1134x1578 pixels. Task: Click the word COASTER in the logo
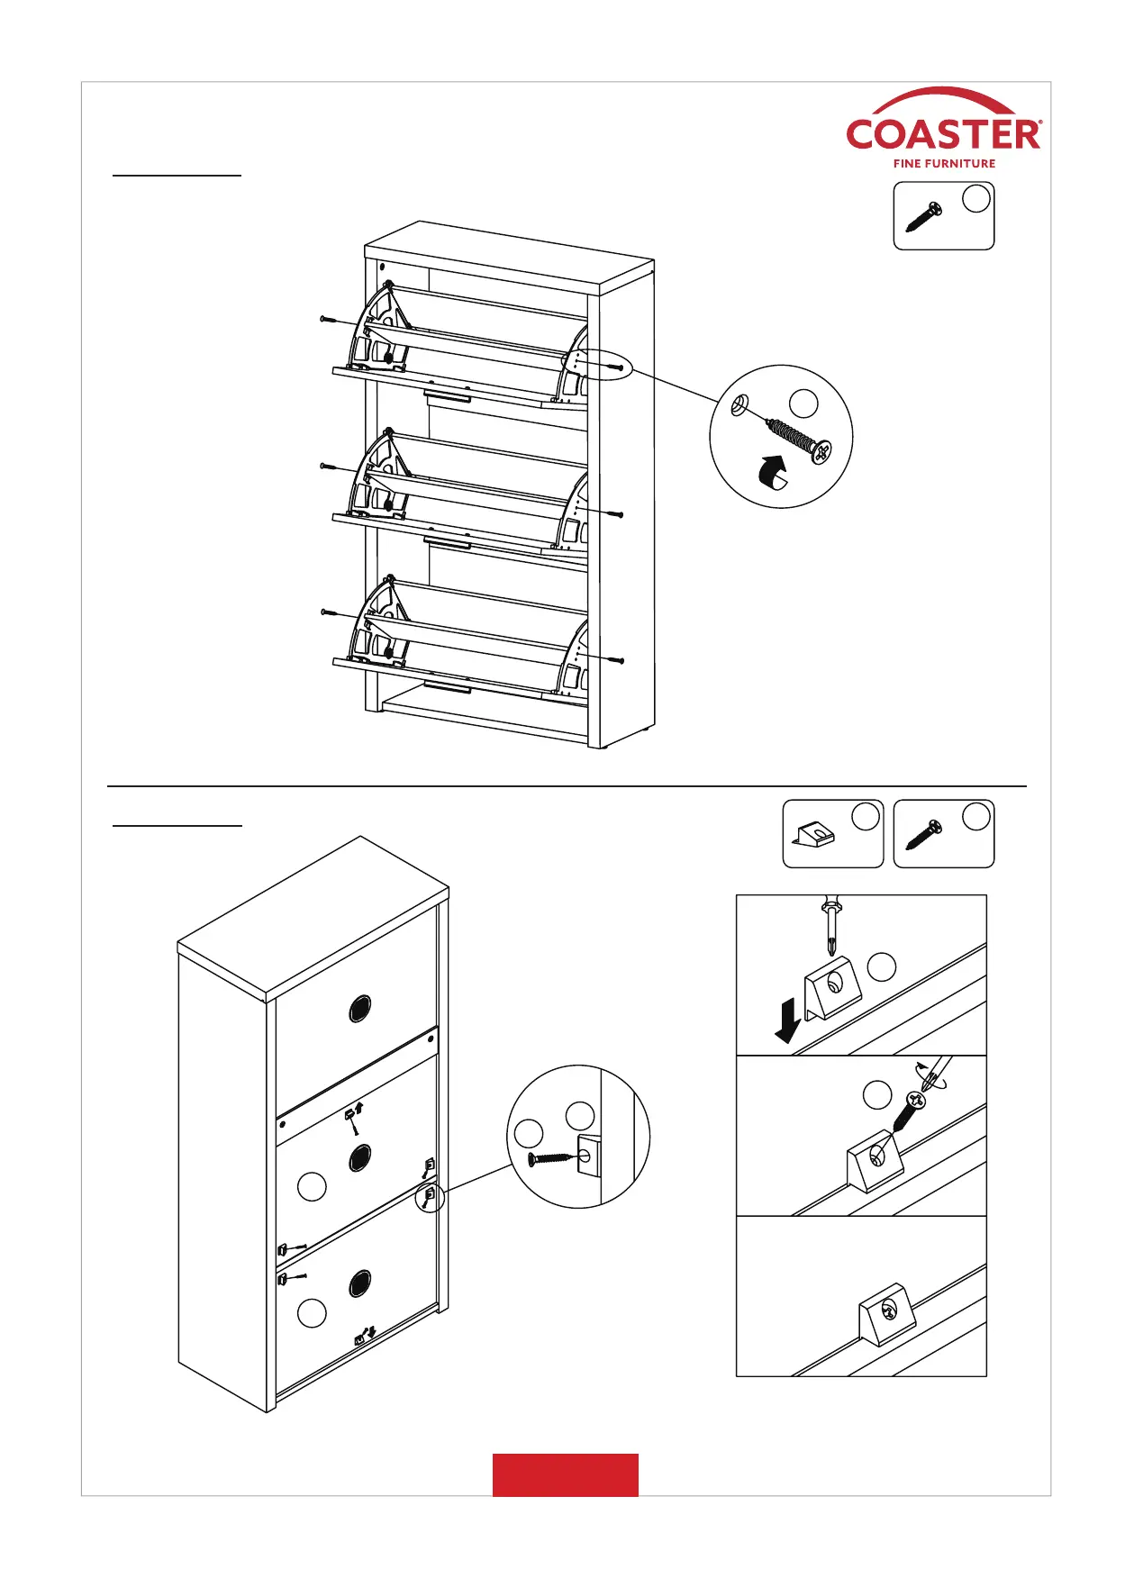coord(943,135)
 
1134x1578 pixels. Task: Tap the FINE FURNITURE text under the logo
coord(944,164)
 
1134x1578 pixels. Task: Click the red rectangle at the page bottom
coord(565,1474)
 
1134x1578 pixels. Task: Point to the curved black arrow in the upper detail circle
coord(770,472)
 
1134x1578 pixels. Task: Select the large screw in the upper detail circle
coord(798,437)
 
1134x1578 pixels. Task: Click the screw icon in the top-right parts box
coord(924,217)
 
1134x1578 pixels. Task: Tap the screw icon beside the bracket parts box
coord(924,835)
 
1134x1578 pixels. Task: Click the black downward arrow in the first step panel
coord(789,1024)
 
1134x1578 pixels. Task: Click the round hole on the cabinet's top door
coord(359,1010)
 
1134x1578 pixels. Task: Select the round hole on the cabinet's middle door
coord(359,1156)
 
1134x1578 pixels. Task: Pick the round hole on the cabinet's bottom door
coord(359,1283)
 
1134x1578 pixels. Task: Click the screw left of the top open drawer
coord(330,320)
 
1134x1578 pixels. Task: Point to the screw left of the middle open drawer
coord(330,467)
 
